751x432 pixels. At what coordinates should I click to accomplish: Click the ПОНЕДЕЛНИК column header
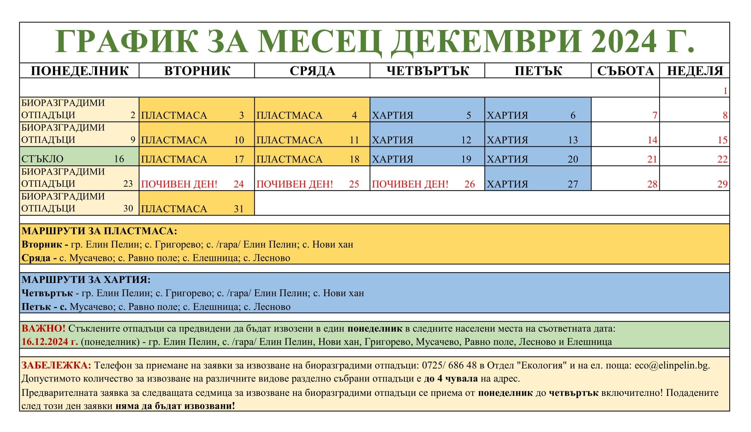(x=79, y=71)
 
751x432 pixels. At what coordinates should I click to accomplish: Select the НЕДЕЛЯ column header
(x=695, y=71)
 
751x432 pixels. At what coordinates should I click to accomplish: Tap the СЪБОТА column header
(x=625, y=71)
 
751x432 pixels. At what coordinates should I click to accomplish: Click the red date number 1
(x=725, y=91)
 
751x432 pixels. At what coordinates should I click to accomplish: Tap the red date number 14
(x=652, y=140)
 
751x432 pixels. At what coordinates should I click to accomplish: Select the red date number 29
(x=722, y=184)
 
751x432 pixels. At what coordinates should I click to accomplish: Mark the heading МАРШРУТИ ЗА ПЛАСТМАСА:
(x=99, y=231)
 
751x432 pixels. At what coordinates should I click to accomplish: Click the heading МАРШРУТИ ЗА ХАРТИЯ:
(x=86, y=280)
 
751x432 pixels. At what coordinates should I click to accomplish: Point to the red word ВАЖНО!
(x=43, y=328)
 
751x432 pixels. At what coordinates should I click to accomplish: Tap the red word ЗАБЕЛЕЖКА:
(x=56, y=365)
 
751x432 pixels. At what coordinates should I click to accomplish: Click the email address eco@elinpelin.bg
(x=671, y=365)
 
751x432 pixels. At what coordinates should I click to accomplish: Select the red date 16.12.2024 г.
(x=50, y=341)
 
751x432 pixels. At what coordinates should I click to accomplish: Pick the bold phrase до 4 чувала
(x=451, y=379)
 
